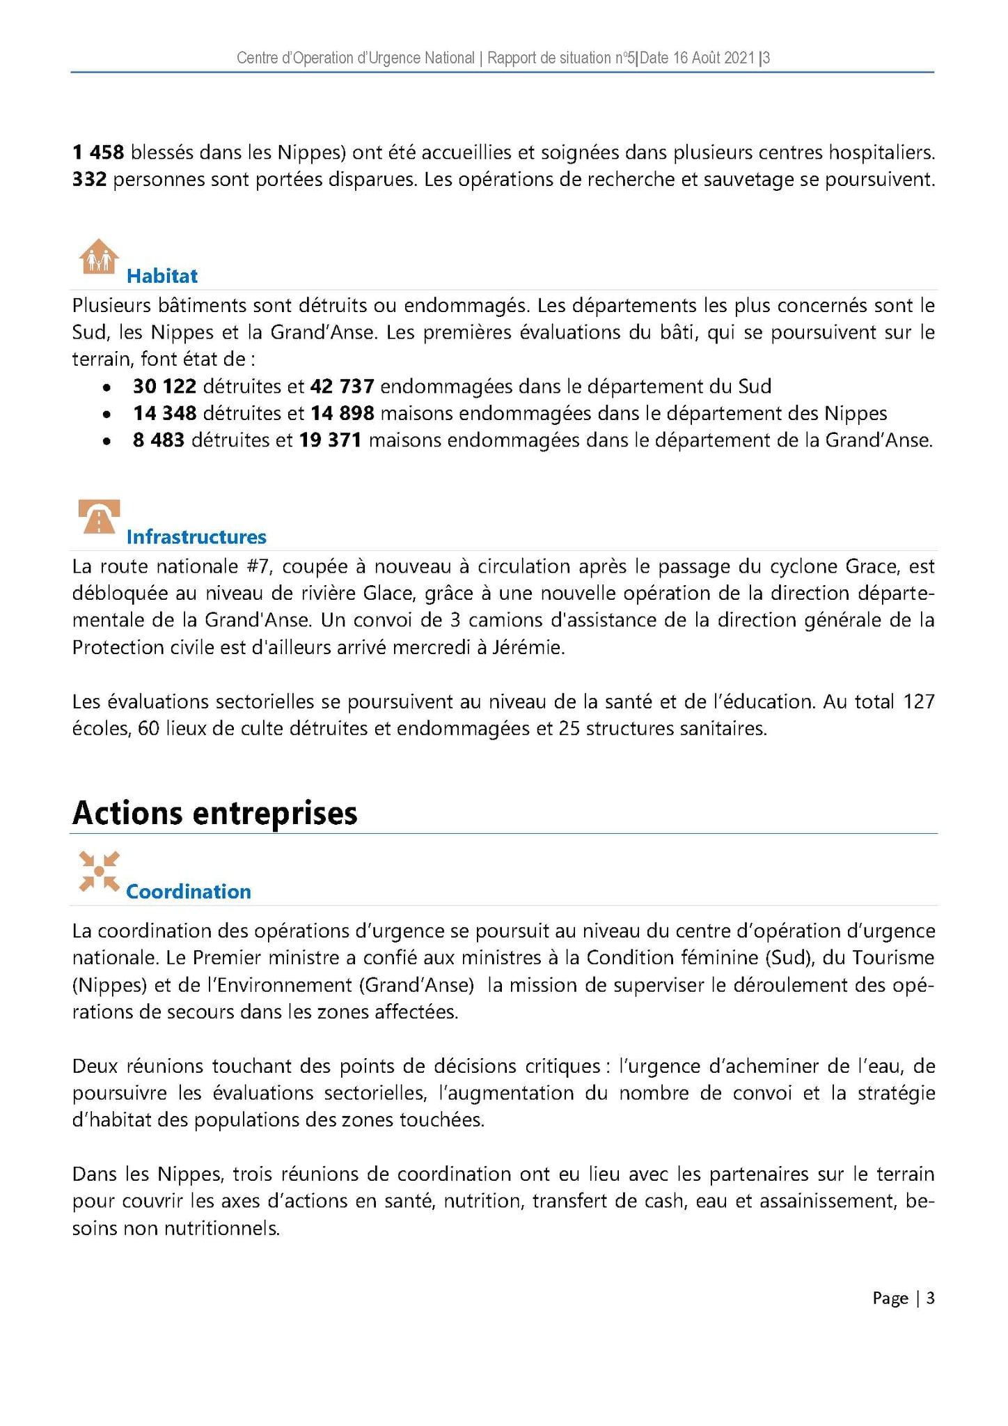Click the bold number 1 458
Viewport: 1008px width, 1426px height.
[98, 152]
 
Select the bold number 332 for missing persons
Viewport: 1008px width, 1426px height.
[89, 180]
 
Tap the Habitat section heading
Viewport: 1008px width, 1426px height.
[162, 276]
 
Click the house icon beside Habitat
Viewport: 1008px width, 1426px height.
[99, 256]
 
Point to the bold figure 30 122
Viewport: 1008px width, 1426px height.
[164, 386]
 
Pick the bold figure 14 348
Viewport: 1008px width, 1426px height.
[164, 413]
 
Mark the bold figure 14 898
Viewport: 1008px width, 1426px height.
[342, 413]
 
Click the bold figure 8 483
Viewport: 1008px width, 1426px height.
[158, 440]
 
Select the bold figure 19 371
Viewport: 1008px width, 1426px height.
[330, 440]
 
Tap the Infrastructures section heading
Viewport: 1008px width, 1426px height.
[196, 536]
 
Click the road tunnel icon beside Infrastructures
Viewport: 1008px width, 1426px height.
[99, 517]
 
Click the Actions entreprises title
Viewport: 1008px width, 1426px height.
[214, 813]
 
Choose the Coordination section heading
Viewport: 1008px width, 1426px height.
[188, 892]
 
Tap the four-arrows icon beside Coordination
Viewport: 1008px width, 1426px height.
[99, 871]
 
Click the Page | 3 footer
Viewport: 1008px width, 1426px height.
[903, 1298]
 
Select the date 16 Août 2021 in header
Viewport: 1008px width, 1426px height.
[697, 58]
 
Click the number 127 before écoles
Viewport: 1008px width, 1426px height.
[918, 702]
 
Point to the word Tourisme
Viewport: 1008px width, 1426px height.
[892, 958]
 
